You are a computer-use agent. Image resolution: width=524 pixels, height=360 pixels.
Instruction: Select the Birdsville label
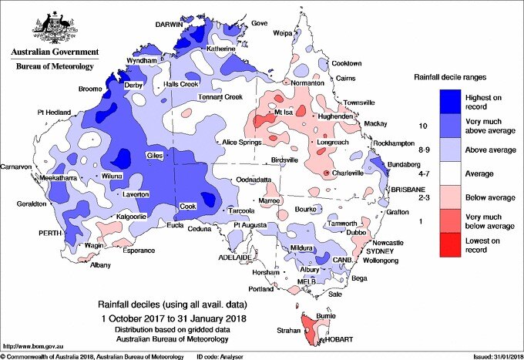pos(284,160)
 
